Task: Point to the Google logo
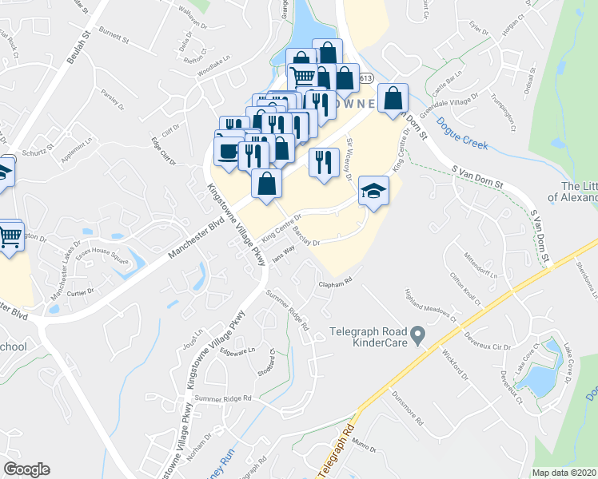click(x=26, y=469)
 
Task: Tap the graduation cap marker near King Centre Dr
click(x=372, y=190)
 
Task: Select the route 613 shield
click(x=366, y=78)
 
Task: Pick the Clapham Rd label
click(x=336, y=282)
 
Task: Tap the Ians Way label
click(x=284, y=251)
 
